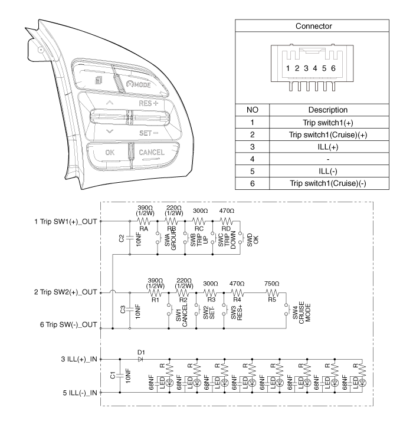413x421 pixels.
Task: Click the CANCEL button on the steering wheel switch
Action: (x=152, y=152)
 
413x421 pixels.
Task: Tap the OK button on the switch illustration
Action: (x=110, y=152)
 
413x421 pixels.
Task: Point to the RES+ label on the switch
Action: (x=150, y=103)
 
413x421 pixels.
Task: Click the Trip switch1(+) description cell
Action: (x=327, y=123)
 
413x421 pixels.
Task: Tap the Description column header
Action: (x=327, y=110)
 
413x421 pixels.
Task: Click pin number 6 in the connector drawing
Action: (x=334, y=68)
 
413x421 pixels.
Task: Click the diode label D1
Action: (x=140, y=353)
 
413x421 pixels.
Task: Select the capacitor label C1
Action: (x=113, y=374)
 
